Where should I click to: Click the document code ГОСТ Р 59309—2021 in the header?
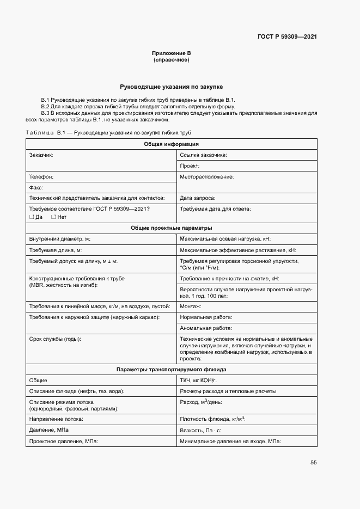pos(287,37)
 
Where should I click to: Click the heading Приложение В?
pos(171,53)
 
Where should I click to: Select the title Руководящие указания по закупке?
pos(171,87)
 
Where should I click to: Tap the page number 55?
pos(313,463)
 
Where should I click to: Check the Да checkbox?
pos(31,217)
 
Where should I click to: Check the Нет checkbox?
pos(53,217)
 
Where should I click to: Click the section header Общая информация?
pos(171,144)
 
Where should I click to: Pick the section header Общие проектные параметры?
pos(171,228)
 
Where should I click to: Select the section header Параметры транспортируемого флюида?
pos(171,370)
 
